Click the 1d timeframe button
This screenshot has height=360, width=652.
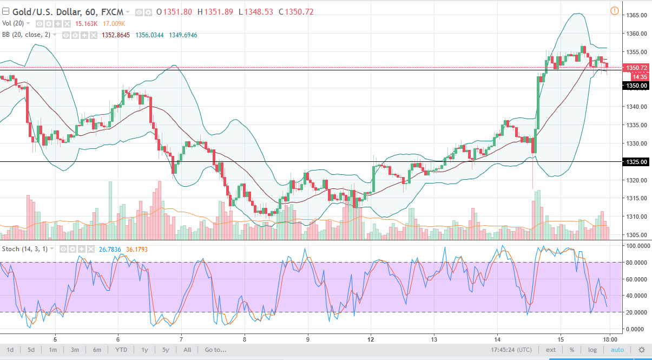point(10,350)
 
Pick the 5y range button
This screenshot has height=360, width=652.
point(165,350)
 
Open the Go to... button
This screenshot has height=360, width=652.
point(215,350)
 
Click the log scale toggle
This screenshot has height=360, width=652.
point(592,350)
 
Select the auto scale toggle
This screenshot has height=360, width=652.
point(617,350)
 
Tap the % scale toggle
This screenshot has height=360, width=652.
point(571,350)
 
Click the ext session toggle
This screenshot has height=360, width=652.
point(551,350)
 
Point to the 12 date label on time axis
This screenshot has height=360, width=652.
point(371,339)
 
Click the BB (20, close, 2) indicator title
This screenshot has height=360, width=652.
point(29,35)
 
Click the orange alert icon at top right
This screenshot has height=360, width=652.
point(614,11)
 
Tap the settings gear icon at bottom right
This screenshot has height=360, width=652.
point(642,350)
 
